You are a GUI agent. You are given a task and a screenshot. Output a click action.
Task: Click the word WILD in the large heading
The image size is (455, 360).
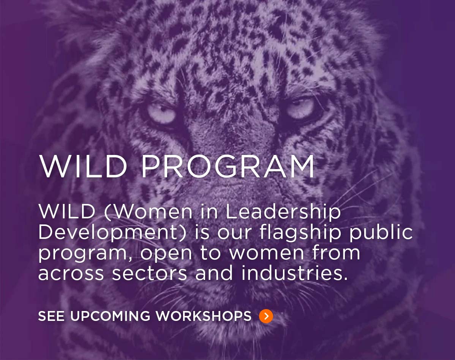pyautogui.click(x=83, y=167)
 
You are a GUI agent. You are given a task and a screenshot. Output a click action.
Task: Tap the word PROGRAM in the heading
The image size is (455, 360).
pyautogui.click(x=228, y=167)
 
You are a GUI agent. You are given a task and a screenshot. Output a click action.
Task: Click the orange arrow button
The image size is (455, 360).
pyautogui.click(x=266, y=316)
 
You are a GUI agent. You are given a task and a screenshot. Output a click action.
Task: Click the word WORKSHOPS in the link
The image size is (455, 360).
pyautogui.click(x=204, y=316)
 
